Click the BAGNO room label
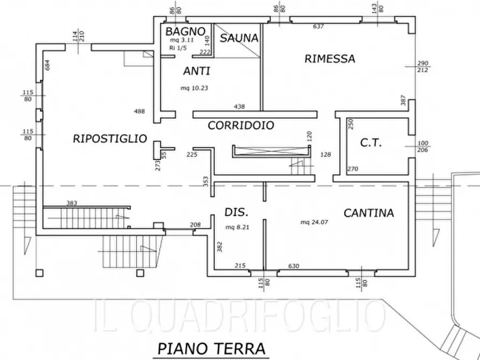(x=185, y=31)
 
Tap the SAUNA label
(x=239, y=39)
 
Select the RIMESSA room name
(x=329, y=59)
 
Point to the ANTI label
(x=196, y=71)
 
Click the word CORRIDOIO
(x=241, y=126)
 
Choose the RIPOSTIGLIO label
(x=110, y=139)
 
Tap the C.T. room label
(x=370, y=143)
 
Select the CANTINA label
(x=369, y=213)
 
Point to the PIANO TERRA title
(x=211, y=348)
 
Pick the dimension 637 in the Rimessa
(x=318, y=26)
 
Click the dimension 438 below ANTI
(x=239, y=106)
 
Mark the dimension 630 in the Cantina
(x=293, y=265)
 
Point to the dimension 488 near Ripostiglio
(x=140, y=111)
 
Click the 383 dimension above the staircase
(x=72, y=203)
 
